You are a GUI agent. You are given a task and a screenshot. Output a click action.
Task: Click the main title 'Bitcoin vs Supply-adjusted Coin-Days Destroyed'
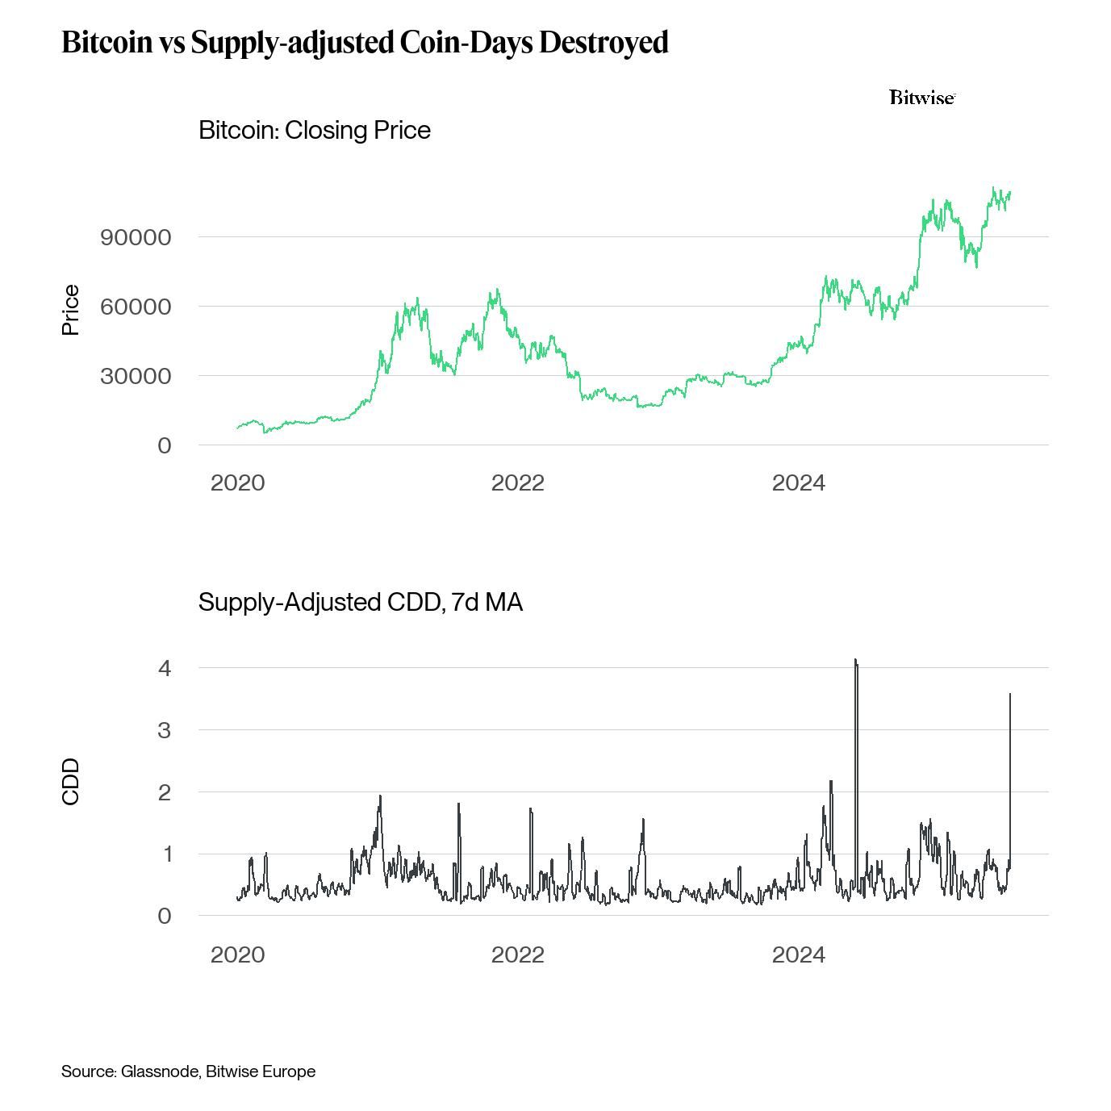tap(365, 42)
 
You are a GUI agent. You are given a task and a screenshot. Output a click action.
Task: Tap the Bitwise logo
tap(922, 98)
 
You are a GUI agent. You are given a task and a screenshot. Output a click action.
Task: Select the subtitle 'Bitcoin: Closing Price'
tap(314, 130)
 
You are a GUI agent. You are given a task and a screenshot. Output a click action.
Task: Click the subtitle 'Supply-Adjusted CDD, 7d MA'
tap(360, 602)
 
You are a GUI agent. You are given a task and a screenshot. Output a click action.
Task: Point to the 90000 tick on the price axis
tap(136, 237)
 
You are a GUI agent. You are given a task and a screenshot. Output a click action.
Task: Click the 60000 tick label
tap(136, 307)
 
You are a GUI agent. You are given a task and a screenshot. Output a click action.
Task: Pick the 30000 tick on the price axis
tap(136, 376)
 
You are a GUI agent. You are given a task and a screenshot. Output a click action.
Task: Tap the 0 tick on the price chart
tap(165, 445)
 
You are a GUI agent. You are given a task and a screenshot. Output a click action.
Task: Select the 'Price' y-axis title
tap(71, 310)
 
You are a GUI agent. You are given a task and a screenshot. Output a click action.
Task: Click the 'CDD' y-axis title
tap(71, 781)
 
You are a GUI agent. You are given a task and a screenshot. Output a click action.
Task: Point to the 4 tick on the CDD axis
tap(165, 668)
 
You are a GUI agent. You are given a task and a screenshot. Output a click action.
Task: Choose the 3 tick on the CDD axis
tap(165, 730)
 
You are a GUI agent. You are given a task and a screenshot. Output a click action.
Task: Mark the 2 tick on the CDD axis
tap(165, 792)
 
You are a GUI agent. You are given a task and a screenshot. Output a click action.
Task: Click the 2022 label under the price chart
tap(517, 482)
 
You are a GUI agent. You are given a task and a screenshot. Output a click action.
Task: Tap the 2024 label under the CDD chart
tap(798, 954)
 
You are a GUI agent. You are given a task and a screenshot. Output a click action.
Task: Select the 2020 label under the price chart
tap(237, 482)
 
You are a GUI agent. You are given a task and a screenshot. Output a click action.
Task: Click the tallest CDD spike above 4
tap(855, 661)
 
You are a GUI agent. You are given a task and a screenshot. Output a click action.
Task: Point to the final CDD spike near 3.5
tap(1009, 695)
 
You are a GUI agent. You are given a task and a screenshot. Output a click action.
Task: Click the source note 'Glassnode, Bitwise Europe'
tap(218, 1071)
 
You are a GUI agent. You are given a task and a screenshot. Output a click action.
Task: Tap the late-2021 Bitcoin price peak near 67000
tap(497, 290)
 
